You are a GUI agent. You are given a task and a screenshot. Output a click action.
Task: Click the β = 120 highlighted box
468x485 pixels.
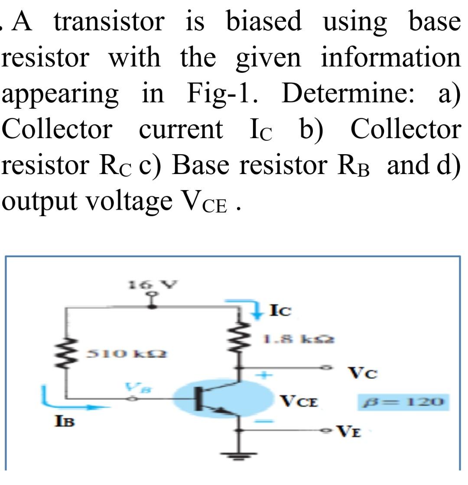[x=401, y=402]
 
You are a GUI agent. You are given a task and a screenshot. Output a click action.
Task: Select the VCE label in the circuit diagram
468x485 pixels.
[x=299, y=402]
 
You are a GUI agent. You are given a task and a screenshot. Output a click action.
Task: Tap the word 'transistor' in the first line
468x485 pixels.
[x=109, y=22]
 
